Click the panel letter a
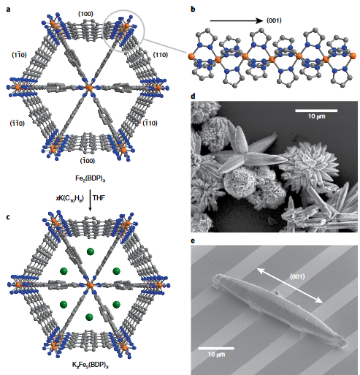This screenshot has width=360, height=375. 9,10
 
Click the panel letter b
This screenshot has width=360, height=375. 193,10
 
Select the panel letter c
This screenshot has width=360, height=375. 9,217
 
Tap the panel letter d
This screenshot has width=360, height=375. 193,96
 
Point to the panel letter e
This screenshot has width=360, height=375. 193,241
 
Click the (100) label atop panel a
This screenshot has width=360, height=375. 85,14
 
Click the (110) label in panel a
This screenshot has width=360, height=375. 161,55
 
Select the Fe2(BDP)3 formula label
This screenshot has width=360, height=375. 90,178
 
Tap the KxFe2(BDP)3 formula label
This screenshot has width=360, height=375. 90,365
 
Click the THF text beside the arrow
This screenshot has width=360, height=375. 99,198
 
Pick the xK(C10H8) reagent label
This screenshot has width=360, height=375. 70,198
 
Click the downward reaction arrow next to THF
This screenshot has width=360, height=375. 90,200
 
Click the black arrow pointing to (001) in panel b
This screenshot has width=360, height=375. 237,21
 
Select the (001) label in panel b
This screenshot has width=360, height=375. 274,20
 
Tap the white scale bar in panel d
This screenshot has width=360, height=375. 316,110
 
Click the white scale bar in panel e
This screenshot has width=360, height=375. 216,349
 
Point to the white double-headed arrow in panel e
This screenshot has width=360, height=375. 290,285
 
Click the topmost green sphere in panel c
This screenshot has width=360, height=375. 91,251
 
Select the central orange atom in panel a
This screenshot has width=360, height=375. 89,88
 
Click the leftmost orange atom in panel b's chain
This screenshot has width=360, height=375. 191,56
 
